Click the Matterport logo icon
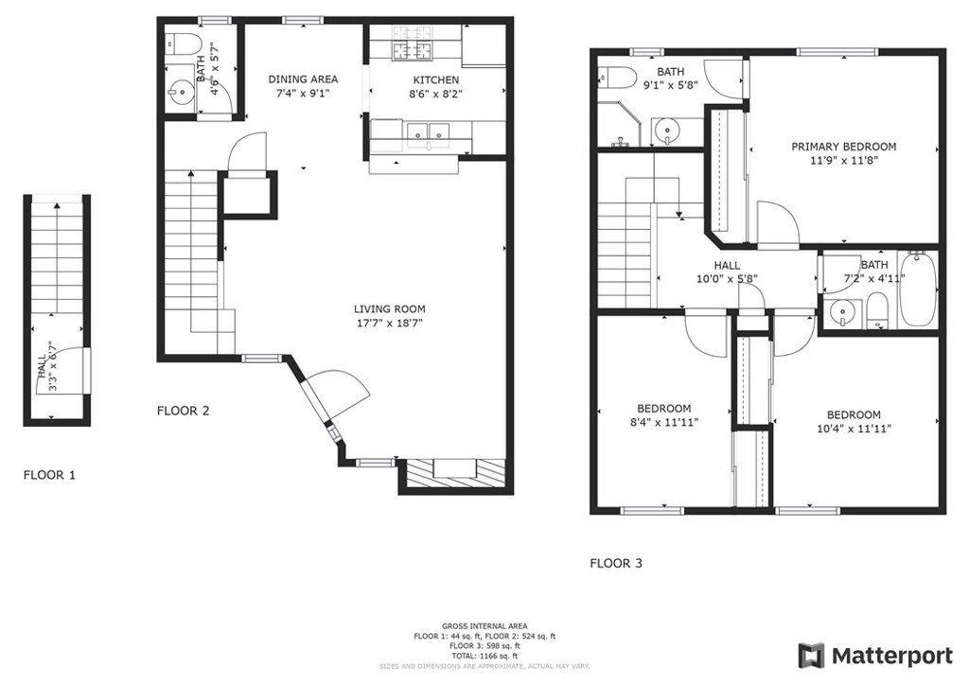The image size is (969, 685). (x=811, y=656)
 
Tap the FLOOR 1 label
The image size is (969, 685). (x=49, y=475)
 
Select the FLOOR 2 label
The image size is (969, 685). (x=183, y=411)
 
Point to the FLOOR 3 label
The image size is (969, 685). (x=616, y=563)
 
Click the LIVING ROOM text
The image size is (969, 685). (x=389, y=308)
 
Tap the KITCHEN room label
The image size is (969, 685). (x=436, y=80)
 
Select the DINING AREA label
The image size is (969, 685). (x=303, y=79)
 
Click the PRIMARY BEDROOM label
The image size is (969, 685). (x=844, y=147)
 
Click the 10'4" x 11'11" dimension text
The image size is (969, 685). (x=854, y=429)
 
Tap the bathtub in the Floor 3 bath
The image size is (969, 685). (x=918, y=289)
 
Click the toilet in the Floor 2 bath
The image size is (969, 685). (x=186, y=44)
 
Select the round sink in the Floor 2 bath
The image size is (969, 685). (x=182, y=94)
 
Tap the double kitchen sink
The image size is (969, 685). (x=429, y=132)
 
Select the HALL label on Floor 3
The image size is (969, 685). (x=728, y=266)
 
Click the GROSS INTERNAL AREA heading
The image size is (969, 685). (x=484, y=626)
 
